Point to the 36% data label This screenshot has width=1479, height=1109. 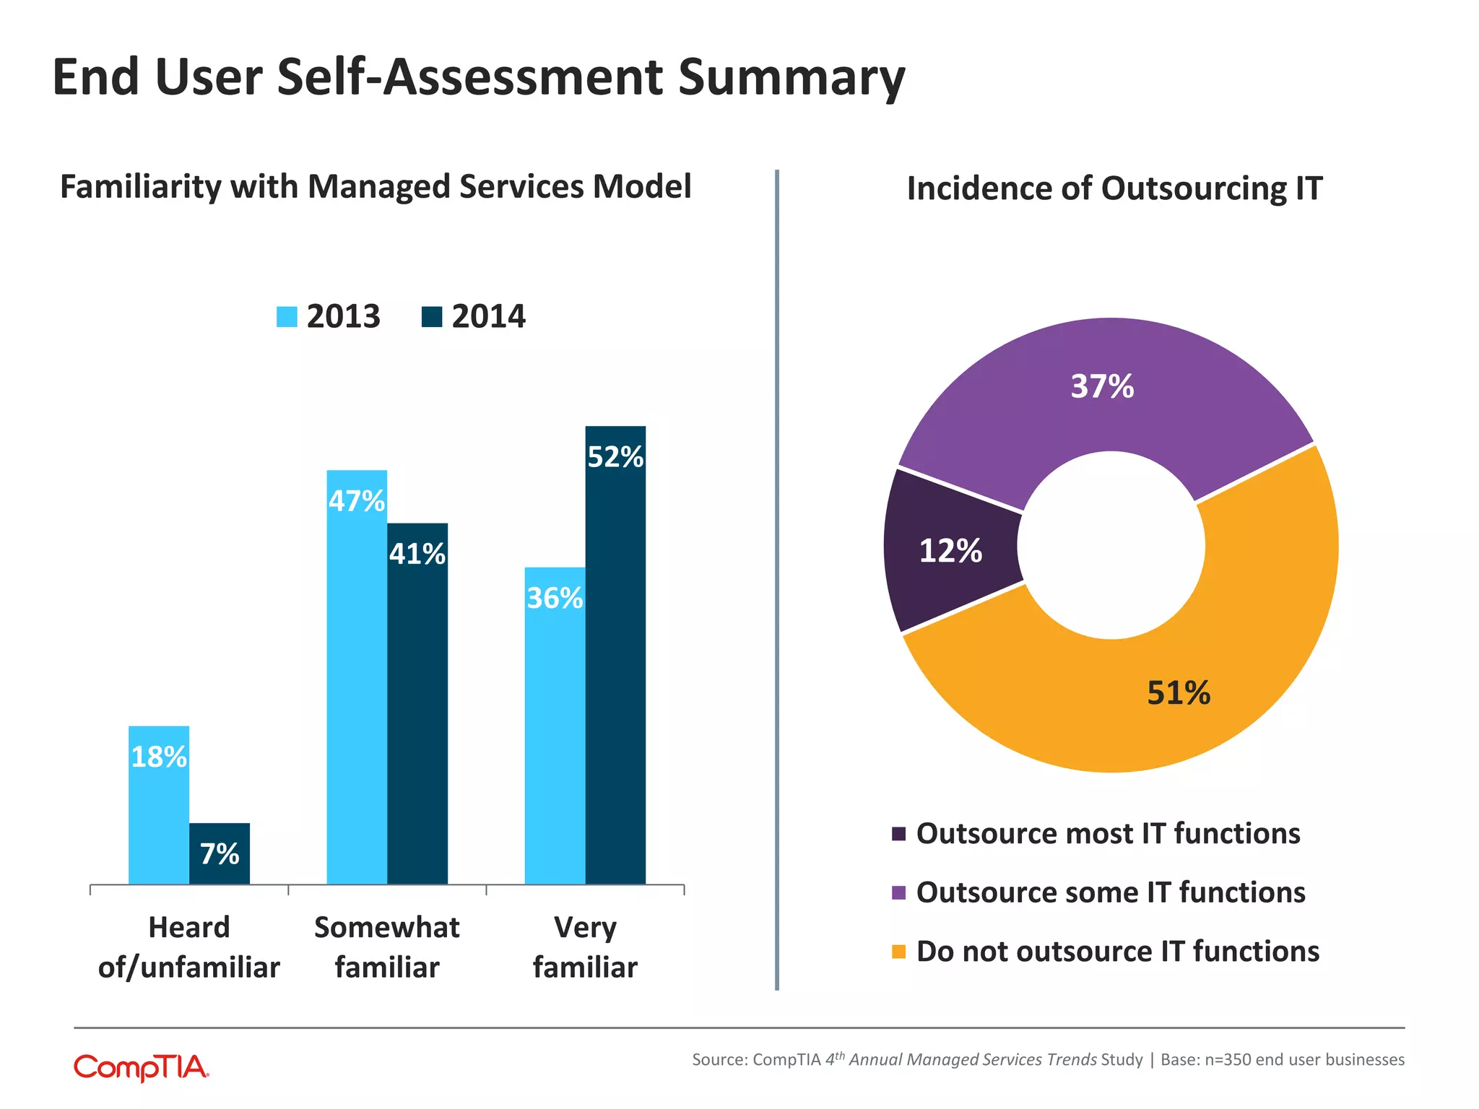click(x=555, y=599)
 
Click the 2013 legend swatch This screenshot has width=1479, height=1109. click(x=287, y=317)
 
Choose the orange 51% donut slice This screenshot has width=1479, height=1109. click(x=1179, y=693)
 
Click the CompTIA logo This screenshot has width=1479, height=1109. click(x=142, y=1067)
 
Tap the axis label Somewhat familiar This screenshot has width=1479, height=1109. click(x=387, y=947)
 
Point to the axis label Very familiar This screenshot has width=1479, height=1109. click(x=585, y=947)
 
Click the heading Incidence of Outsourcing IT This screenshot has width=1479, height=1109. click(x=1114, y=189)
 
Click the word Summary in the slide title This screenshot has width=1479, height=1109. click(x=791, y=78)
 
